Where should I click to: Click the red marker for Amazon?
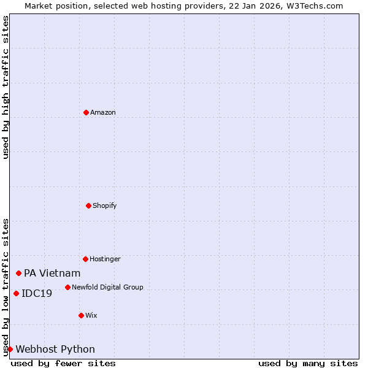(x=86, y=112)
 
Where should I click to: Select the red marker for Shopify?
(x=88, y=205)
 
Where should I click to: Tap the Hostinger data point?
(x=85, y=259)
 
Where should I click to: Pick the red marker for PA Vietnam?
(x=19, y=273)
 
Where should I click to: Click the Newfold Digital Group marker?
(x=67, y=287)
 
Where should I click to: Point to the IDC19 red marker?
(x=16, y=293)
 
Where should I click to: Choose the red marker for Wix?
(x=81, y=315)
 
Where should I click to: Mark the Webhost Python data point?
(x=10, y=349)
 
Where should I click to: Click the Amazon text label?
(x=103, y=112)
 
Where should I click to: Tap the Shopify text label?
(x=105, y=205)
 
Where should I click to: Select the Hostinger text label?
(x=105, y=259)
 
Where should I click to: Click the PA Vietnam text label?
(x=52, y=274)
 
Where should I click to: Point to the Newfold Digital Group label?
(x=107, y=287)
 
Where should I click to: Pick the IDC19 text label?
(x=37, y=294)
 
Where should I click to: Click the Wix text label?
(x=91, y=315)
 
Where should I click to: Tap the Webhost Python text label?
(x=55, y=350)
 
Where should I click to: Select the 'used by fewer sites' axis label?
(x=63, y=363)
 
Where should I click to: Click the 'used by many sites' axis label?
(x=308, y=363)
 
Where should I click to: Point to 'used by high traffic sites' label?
(x=6, y=87)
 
